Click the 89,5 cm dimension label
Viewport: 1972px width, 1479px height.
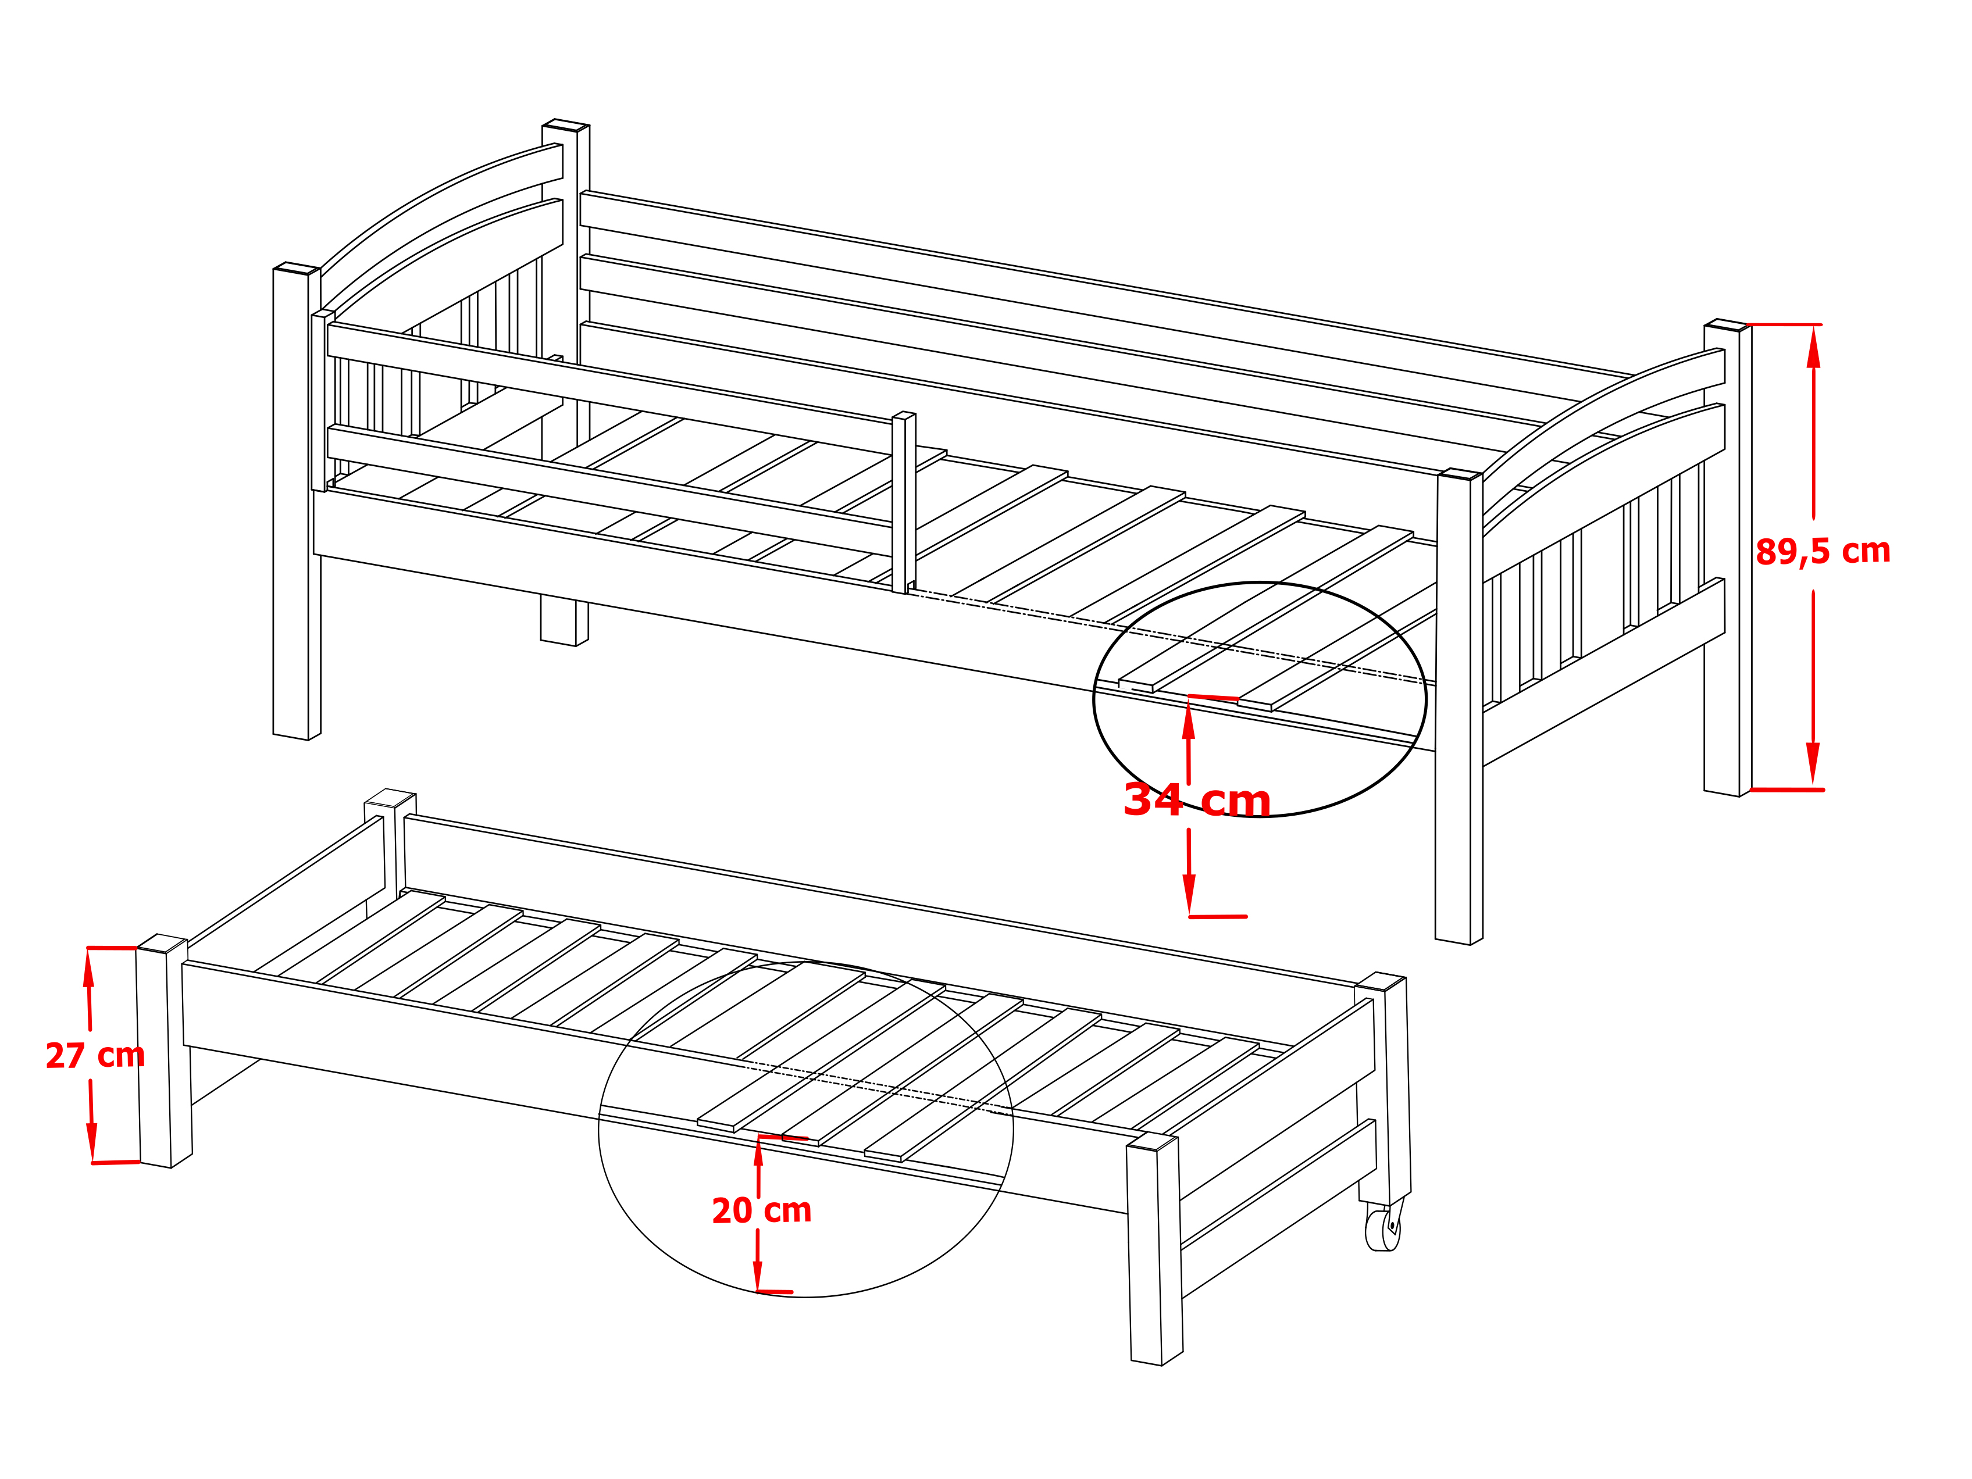1823,552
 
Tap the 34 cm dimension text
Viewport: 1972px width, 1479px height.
1196,800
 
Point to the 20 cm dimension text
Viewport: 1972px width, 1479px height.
761,1210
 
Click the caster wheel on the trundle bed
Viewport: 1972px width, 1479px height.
1383,1230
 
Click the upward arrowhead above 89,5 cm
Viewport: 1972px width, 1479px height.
1813,347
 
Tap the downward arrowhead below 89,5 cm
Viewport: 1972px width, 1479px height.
1813,764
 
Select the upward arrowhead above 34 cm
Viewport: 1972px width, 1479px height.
1188,719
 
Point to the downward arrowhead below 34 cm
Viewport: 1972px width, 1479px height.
1189,894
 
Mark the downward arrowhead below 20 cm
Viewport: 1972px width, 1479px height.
758,1276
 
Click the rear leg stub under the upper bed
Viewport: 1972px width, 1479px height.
564,620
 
